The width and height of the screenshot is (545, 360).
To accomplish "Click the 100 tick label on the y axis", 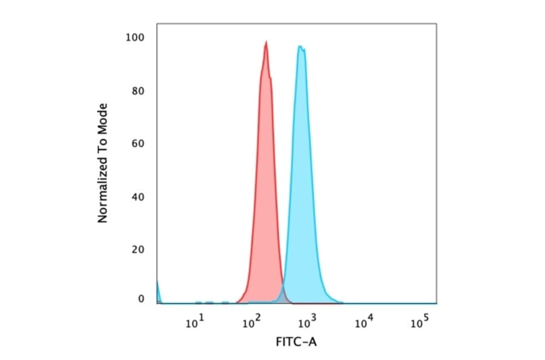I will click(136, 38).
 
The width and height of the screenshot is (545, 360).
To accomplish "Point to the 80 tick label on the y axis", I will click(138, 92).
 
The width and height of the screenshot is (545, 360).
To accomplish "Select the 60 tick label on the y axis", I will click(138, 144).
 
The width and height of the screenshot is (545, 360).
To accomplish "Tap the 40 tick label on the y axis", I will click(138, 197).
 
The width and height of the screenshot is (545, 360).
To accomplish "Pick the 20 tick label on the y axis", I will click(138, 250).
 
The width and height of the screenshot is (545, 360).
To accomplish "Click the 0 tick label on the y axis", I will click(141, 299).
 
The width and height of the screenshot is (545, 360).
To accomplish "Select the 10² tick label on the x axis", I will click(250, 323).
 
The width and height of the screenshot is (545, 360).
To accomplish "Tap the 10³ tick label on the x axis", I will click(306, 323).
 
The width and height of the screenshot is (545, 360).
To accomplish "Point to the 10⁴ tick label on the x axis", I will click(362, 323).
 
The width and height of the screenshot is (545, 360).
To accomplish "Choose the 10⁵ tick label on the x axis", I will click(418, 323).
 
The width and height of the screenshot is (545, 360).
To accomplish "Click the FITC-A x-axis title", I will click(296, 342).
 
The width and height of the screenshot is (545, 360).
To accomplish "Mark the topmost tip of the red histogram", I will click(266, 41).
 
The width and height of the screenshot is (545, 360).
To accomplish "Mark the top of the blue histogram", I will click(300, 46).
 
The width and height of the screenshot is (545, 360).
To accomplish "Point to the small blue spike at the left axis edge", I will click(158, 291).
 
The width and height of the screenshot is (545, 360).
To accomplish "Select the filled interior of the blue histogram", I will click(301, 182).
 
